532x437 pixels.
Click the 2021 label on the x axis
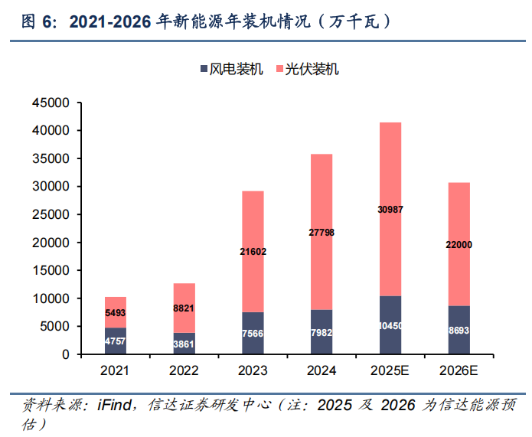coord(115,371)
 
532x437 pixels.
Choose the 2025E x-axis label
coord(390,371)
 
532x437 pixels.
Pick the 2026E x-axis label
coord(459,371)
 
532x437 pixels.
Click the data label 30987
coord(390,209)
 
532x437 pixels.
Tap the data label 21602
coord(253,251)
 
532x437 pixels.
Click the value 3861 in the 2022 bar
coord(184,344)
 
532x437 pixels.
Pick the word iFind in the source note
coord(113,405)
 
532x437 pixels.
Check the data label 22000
coord(459,244)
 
